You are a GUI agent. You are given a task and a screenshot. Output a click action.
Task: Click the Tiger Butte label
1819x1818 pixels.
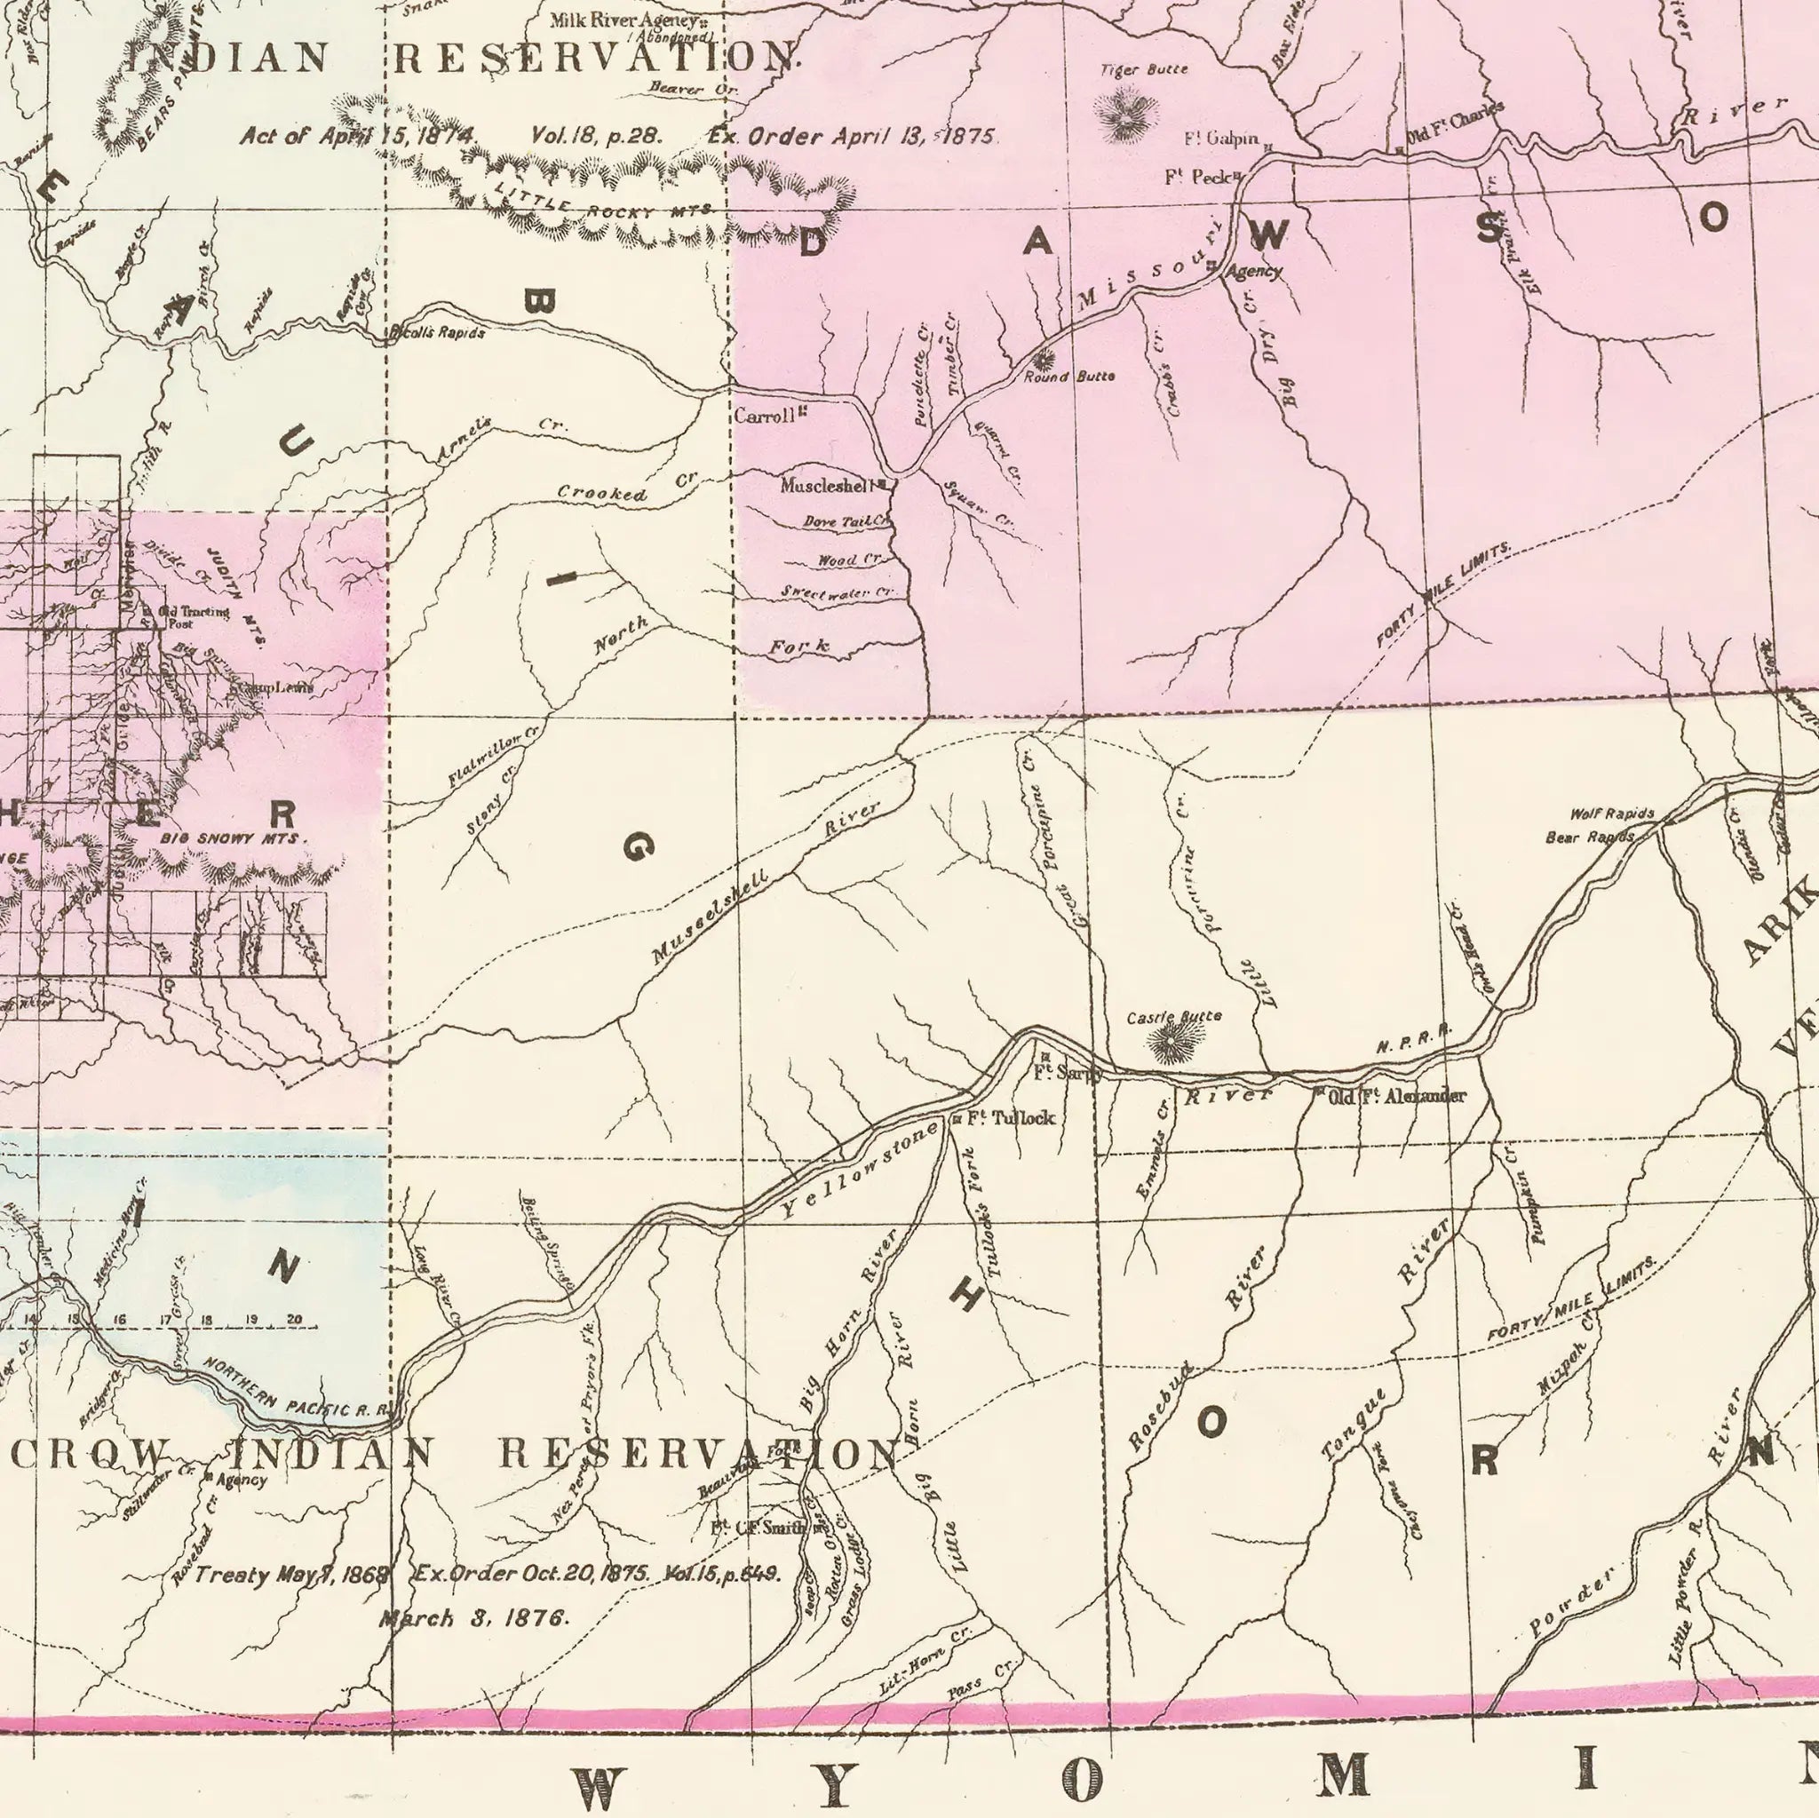click(x=1144, y=69)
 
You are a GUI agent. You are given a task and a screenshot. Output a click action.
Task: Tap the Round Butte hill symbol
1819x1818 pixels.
click(x=1042, y=359)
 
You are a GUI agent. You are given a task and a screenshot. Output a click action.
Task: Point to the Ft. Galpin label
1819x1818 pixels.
click(x=1221, y=139)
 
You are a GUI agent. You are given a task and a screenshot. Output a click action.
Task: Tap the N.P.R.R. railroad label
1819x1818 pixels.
click(x=1412, y=1039)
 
